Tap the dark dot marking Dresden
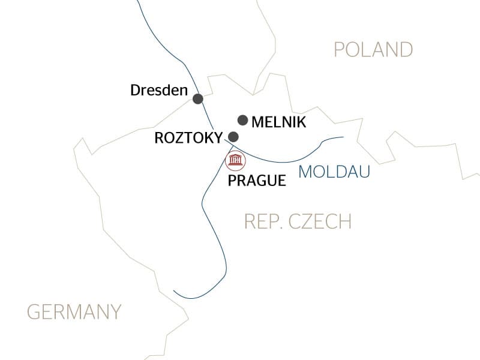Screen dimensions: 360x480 pyautogui.click(x=197, y=98)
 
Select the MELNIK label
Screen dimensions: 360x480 pyautogui.click(x=279, y=122)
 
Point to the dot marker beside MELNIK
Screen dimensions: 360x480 pyautogui.click(x=243, y=120)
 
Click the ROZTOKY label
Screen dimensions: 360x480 pyautogui.click(x=188, y=137)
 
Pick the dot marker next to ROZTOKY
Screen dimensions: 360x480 pyautogui.click(x=233, y=137)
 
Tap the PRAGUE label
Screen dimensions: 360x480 pyautogui.click(x=257, y=180)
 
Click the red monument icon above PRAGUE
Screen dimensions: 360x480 pyautogui.click(x=234, y=161)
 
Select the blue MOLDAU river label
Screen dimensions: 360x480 pyautogui.click(x=334, y=172)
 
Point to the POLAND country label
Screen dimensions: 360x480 pyautogui.click(x=373, y=49)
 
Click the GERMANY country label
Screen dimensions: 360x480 pyautogui.click(x=74, y=312)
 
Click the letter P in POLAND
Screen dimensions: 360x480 pyautogui.click(x=340, y=49)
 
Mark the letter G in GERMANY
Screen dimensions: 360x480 pyautogui.click(x=34, y=312)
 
